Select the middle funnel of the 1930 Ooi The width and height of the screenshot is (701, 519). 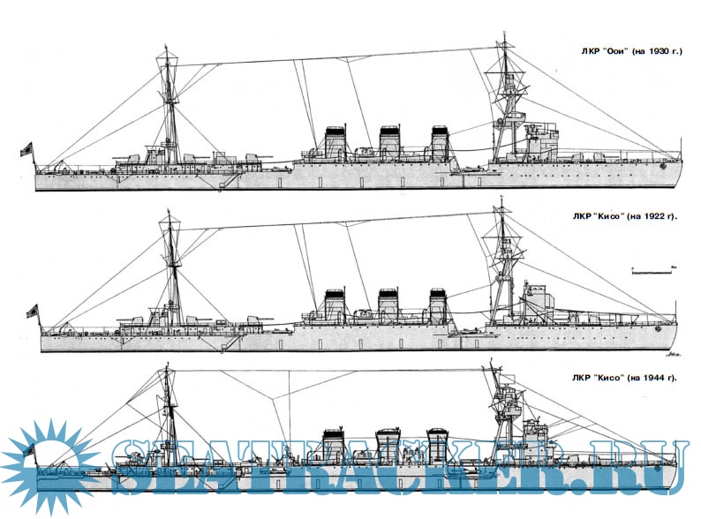point(388,144)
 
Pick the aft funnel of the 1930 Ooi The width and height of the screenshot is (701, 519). point(335,144)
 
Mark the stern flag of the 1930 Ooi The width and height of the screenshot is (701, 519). point(26,148)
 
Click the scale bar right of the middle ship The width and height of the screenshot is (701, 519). point(652,266)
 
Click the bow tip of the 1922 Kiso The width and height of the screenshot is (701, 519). point(678,321)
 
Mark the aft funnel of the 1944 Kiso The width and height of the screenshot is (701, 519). point(333,447)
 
